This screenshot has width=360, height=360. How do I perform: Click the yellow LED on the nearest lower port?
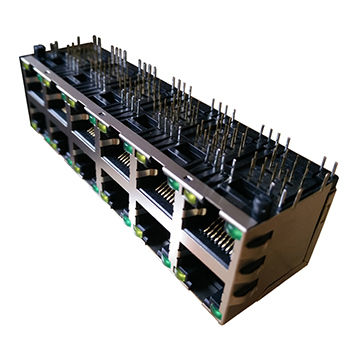[181, 271]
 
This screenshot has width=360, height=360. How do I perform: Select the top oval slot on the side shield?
[257, 239]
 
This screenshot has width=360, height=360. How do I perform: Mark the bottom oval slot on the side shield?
[259, 290]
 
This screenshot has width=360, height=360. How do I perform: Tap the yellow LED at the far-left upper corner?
[24, 64]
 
